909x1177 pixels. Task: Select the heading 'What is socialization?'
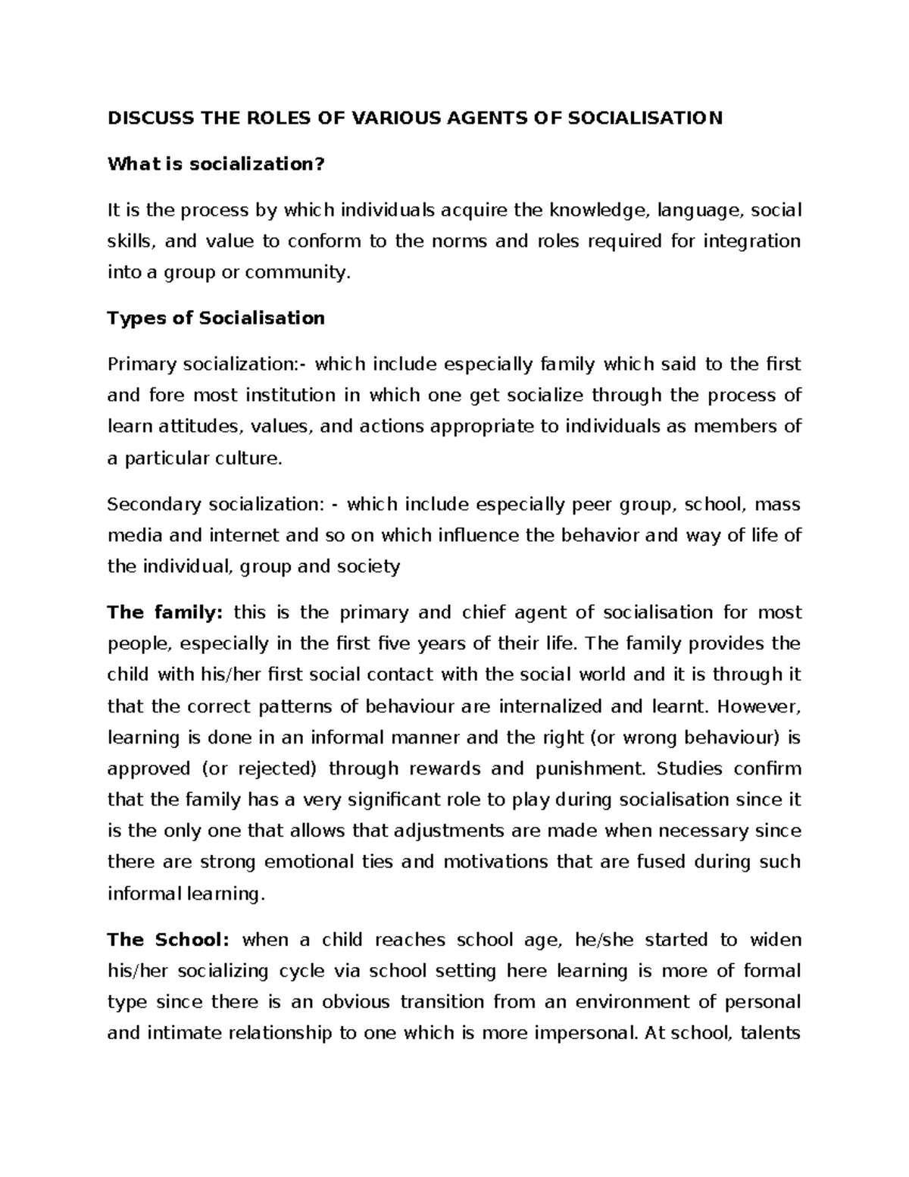(x=216, y=164)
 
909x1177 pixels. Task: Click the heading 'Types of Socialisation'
(x=216, y=318)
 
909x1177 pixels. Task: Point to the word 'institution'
(x=290, y=396)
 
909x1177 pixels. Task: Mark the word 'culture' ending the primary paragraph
(x=252, y=459)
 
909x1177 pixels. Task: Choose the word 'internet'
(x=239, y=536)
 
